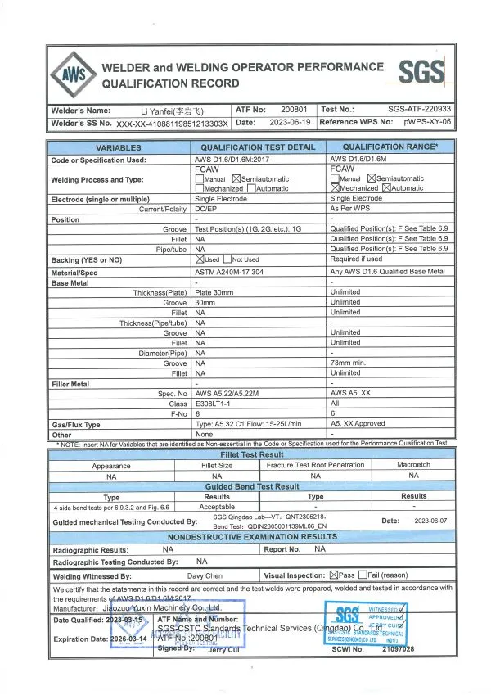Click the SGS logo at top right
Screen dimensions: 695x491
point(422,73)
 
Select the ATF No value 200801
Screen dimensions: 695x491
point(294,109)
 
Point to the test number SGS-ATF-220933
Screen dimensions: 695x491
point(419,109)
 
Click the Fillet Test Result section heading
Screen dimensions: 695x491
point(252,454)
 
